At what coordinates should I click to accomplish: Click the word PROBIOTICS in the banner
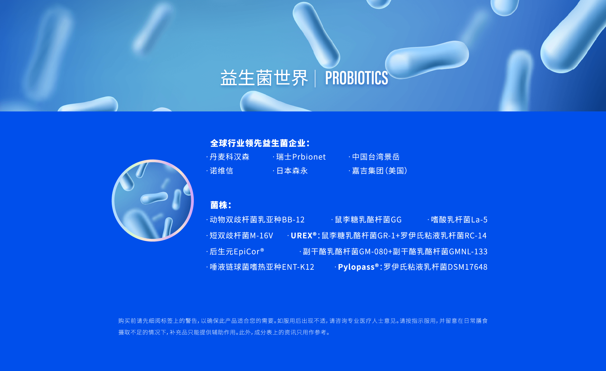pyautogui.click(x=356, y=78)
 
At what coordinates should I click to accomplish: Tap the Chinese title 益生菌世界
pyautogui.click(x=264, y=78)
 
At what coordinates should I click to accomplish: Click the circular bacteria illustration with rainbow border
pyautogui.click(x=153, y=200)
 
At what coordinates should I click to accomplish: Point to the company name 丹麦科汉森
pyautogui.click(x=229, y=157)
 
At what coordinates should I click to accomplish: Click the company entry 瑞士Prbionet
pyautogui.click(x=301, y=157)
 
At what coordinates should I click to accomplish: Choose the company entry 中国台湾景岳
pyautogui.click(x=376, y=157)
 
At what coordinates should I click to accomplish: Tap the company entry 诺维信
pyautogui.click(x=221, y=171)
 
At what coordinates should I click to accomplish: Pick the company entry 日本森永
pyautogui.click(x=292, y=171)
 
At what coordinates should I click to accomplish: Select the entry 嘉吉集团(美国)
pyautogui.click(x=380, y=171)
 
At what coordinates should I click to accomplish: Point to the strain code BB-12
pyautogui.click(x=293, y=220)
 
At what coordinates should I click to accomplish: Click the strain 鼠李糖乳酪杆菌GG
pyautogui.click(x=368, y=220)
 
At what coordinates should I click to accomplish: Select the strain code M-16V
pyautogui.click(x=261, y=236)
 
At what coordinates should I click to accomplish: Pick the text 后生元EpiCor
pyautogui.click(x=237, y=251)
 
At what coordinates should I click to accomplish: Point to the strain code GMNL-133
pyautogui.click(x=468, y=251)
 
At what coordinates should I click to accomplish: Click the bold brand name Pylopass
pyautogui.click(x=358, y=267)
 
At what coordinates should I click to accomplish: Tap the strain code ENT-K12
pyautogui.click(x=298, y=267)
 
